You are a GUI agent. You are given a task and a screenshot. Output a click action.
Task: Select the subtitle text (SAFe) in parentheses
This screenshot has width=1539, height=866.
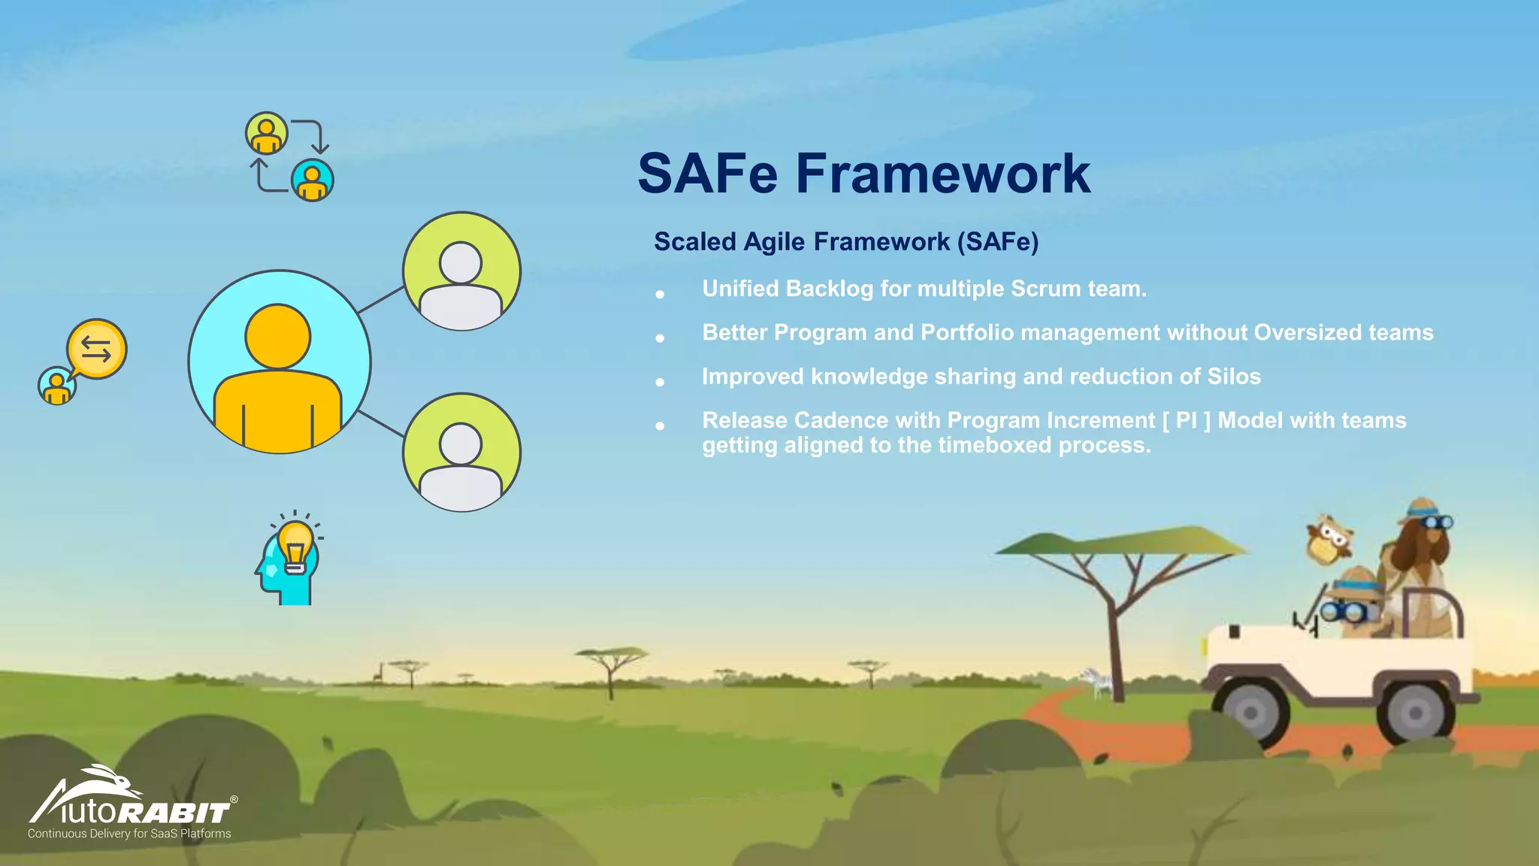coord(998,242)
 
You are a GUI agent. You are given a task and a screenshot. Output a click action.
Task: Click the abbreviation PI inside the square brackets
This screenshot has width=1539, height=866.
coord(1187,420)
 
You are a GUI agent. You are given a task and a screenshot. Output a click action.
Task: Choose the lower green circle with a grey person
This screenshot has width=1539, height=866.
coord(461,453)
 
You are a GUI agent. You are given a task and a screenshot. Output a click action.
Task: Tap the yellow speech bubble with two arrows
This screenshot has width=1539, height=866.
coord(97,349)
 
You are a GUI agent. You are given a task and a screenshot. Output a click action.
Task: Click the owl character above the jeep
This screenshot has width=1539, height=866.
coord(1329,539)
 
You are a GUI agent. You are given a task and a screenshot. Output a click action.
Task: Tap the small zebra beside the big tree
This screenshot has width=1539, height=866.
coord(1099,682)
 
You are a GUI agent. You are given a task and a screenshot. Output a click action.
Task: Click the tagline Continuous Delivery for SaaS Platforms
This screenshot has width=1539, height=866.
coord(129,834)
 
